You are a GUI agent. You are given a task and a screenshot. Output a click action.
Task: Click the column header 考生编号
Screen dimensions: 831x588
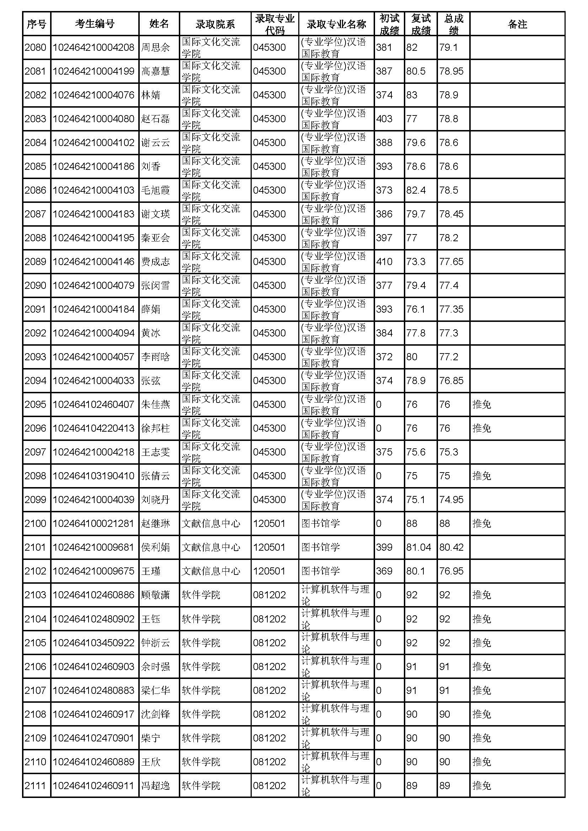pyautogui.click(x=95, y=24)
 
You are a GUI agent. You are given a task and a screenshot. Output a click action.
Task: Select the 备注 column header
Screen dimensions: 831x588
pyautogui.click(x=517, y=24)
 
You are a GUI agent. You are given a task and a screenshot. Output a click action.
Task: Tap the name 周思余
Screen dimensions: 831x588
pyautogui.click(x=155, y=47)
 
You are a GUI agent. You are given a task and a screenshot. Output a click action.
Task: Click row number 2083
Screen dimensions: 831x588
pyautogui.click(x=36, y=119)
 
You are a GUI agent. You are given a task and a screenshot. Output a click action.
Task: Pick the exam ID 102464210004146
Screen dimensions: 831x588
pyautogui.click(x=93, y=262)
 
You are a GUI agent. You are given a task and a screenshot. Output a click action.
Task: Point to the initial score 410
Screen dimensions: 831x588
pyautogui.click(x=384, y=262)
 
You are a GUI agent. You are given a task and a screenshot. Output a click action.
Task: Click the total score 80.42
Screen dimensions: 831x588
pyautogui.click(x=451, y=547)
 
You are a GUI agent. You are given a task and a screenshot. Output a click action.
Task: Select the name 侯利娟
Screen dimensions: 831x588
pyautogui.click(x=155, y=547)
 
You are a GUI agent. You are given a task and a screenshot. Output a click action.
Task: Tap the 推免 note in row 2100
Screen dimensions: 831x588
pyautogui.click(x=482, y=523)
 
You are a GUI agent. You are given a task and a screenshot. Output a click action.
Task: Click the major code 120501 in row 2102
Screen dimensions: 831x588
pyautogui.click(x=269, y=571)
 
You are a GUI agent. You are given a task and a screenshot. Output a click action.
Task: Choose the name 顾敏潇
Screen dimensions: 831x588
pyautogui.click(x=155, y=595)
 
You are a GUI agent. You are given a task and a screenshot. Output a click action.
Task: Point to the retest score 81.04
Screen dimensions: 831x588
pyautogui.click(x=418, y=547)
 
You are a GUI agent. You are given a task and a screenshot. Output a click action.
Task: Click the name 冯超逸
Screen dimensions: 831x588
pyautogui.click(x=155, y=786)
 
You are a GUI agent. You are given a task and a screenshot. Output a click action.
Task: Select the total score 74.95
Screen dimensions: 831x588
pyautogui.click(x=451, y=500)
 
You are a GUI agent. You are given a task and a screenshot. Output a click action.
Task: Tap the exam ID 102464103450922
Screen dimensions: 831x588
pyautogui.click(x=93, y=643)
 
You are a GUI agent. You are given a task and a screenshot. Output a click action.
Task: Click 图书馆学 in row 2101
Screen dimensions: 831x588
pyautogui.click(x=320, y=547)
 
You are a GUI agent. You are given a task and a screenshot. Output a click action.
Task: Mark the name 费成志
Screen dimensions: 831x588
pyautogui.click(x=155, y=262)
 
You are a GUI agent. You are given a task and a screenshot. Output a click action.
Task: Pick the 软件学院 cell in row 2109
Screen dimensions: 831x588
pyautogui.click(x=201, y=738)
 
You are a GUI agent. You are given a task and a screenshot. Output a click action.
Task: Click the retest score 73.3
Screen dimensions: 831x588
pyautogui.click(x=416, y=262)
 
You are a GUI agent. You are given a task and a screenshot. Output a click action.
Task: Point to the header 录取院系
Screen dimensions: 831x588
pyautogui.click(x=215, y=24)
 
